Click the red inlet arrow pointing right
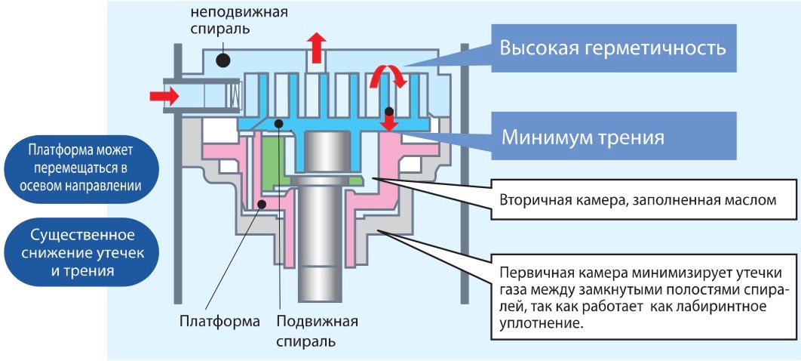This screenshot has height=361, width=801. tap(164, 96)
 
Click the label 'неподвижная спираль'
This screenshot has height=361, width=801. tap(239, 19)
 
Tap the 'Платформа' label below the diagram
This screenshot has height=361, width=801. tap(219, 322)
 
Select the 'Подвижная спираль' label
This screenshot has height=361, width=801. tap(317, 330)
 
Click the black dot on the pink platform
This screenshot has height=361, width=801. tap(262, 205)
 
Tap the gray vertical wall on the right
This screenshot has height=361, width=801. tap(465, 174)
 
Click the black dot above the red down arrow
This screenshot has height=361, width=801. tap(389, 110)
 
